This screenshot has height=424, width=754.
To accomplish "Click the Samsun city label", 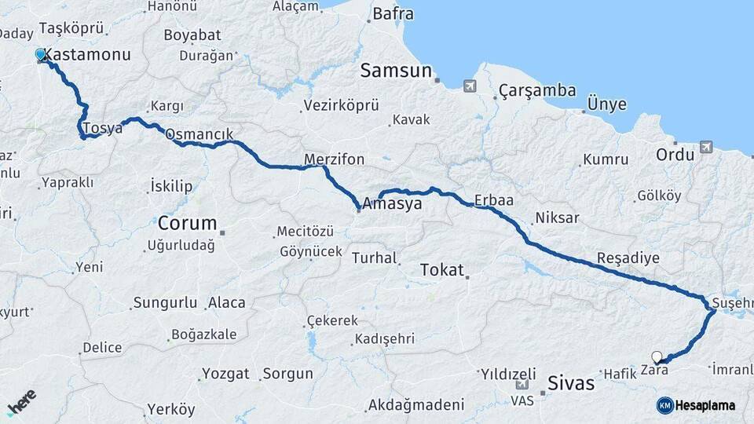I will coord(396,71).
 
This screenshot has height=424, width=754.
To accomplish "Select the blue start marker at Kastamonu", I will coord(41,55).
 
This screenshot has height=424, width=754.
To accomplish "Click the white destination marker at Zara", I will coord(657,357).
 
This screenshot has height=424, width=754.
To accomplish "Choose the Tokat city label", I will coord(442,269).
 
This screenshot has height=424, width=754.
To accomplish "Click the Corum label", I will coord(187,221).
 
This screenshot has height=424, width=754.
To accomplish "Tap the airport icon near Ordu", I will coord(705,147).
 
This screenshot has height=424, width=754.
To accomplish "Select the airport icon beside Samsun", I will coord(470,86).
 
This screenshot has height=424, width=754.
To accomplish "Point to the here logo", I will coord(21,403).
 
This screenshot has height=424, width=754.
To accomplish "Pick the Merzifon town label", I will coord(335,159).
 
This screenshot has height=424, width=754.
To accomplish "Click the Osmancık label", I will coord(199,135).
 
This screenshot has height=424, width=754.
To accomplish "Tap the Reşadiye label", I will coord(628,258).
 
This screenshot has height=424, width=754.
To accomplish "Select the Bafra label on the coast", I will coord(393,13).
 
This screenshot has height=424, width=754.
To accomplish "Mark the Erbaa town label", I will coord(494,200).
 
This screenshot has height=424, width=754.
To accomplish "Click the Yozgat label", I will coord(225,374).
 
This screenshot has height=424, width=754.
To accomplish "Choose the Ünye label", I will coord(607,105).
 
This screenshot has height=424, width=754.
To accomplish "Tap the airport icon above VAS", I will coord(522,386).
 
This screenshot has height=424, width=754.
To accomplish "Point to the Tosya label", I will coord(104,128).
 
